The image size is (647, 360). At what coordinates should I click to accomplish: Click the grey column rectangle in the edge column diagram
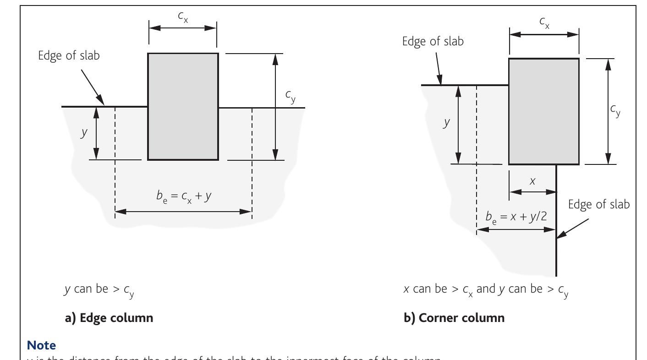[x=183, y=106]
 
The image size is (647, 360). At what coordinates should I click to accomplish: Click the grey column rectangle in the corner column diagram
[x=544, y=111]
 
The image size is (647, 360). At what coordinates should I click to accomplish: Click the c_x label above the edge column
[x=182, y=16]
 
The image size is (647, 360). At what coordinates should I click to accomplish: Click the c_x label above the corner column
[x=544, y=22]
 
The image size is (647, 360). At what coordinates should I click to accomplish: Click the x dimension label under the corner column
[x=532, y=180]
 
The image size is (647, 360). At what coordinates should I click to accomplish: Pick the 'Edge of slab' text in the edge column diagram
[x=69, y=56]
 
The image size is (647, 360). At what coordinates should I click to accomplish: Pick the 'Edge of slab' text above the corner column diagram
[x=433, y=41]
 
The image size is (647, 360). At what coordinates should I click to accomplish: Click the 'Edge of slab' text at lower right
[x=599, y=205]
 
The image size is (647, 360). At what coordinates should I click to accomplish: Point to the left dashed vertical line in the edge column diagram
[x=115, y=160]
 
